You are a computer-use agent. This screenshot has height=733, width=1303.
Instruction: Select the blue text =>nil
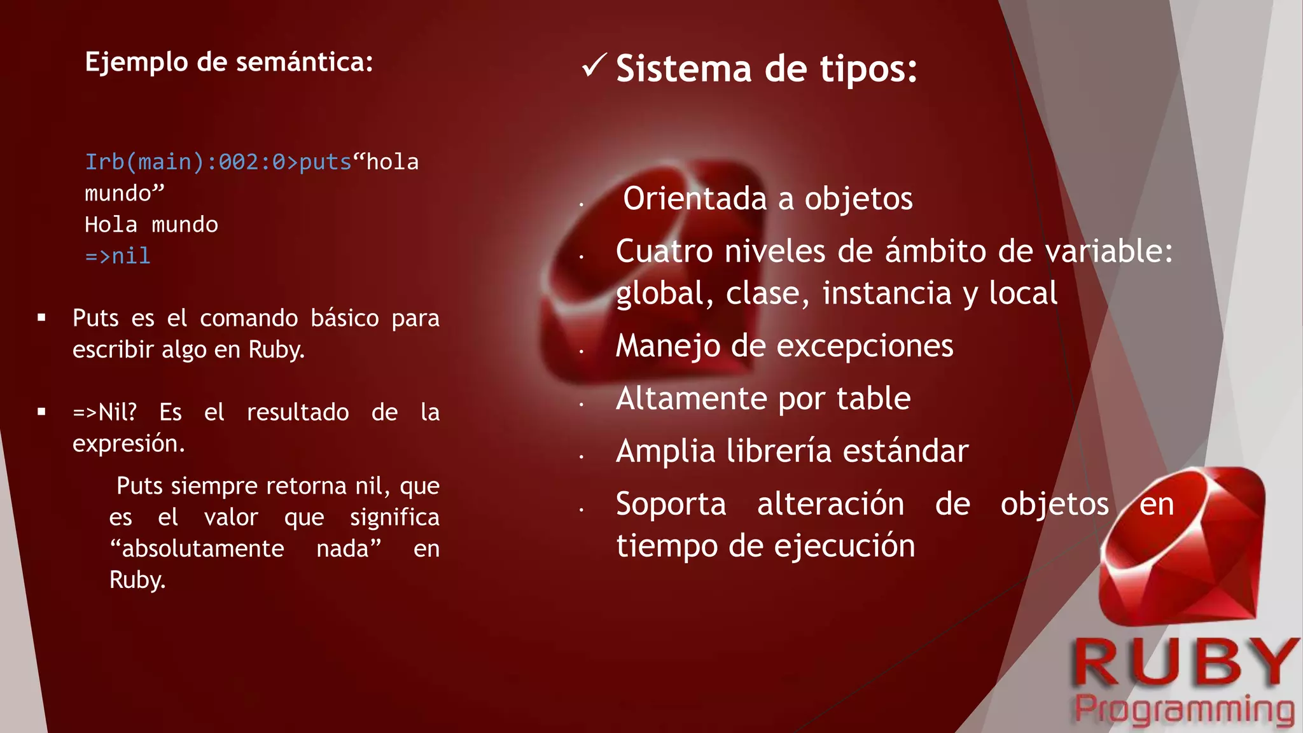pyautogui.click(x=118, y=256)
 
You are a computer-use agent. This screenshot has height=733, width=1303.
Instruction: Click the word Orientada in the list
pyautogui.click(x=695, y=199)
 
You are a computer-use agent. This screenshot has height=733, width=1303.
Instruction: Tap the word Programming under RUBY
pyautogui.click(x=1184, y=709)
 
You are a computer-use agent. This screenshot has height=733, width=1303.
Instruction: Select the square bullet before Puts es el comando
pyautogui.click(x=41, y=318)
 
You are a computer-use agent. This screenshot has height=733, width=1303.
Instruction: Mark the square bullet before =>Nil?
pyautogui.click(x=41, y=412)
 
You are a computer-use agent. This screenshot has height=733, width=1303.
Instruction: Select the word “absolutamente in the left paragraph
pyautogui.click(x=197, y=548)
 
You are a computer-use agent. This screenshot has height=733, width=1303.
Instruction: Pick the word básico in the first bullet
pyautogui.click(x=344, y=318)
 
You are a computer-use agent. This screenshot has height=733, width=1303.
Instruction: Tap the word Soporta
pyautogui.click(x=671, y=505)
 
